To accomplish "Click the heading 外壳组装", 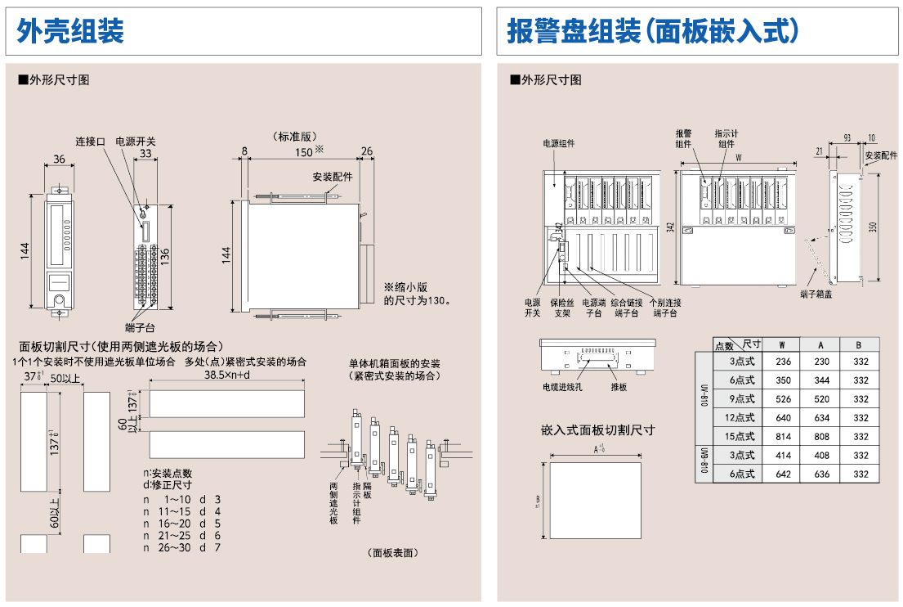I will [70, 32].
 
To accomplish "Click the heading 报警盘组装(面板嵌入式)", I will [652, 32].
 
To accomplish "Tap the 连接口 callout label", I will [91, 142].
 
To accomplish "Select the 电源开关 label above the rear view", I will [136, 142].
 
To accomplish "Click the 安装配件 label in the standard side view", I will [333, 177].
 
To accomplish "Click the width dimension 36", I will [60, 159].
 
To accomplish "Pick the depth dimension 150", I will [303, 151].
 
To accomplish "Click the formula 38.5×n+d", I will [226, 375].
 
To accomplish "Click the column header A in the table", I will [821, 344].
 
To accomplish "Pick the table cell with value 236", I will [783, 362].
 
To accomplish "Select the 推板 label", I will [619, 387].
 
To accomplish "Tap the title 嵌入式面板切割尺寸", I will [597, 429].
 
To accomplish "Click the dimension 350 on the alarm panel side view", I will [872, 227].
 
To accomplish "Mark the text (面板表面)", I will [393, 553].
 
